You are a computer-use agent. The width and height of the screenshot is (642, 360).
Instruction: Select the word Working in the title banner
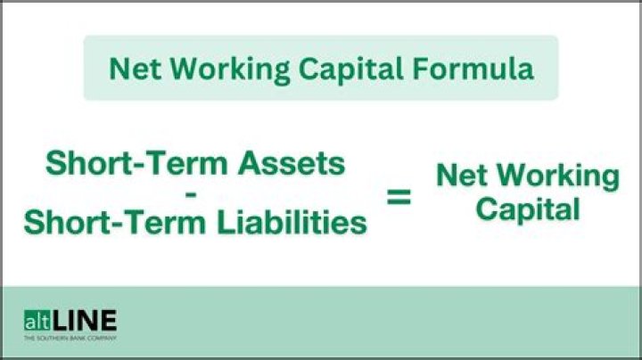(x=213, y=70)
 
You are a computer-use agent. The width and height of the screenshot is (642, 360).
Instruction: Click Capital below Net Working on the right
(x=527, y=210)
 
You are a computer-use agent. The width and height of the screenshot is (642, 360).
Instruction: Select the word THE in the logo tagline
(x=29, y=339)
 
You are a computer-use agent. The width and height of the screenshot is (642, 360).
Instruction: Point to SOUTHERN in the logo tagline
(x=52, y=339)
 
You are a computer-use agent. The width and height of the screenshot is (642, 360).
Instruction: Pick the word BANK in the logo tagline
(x=77, y=339)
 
